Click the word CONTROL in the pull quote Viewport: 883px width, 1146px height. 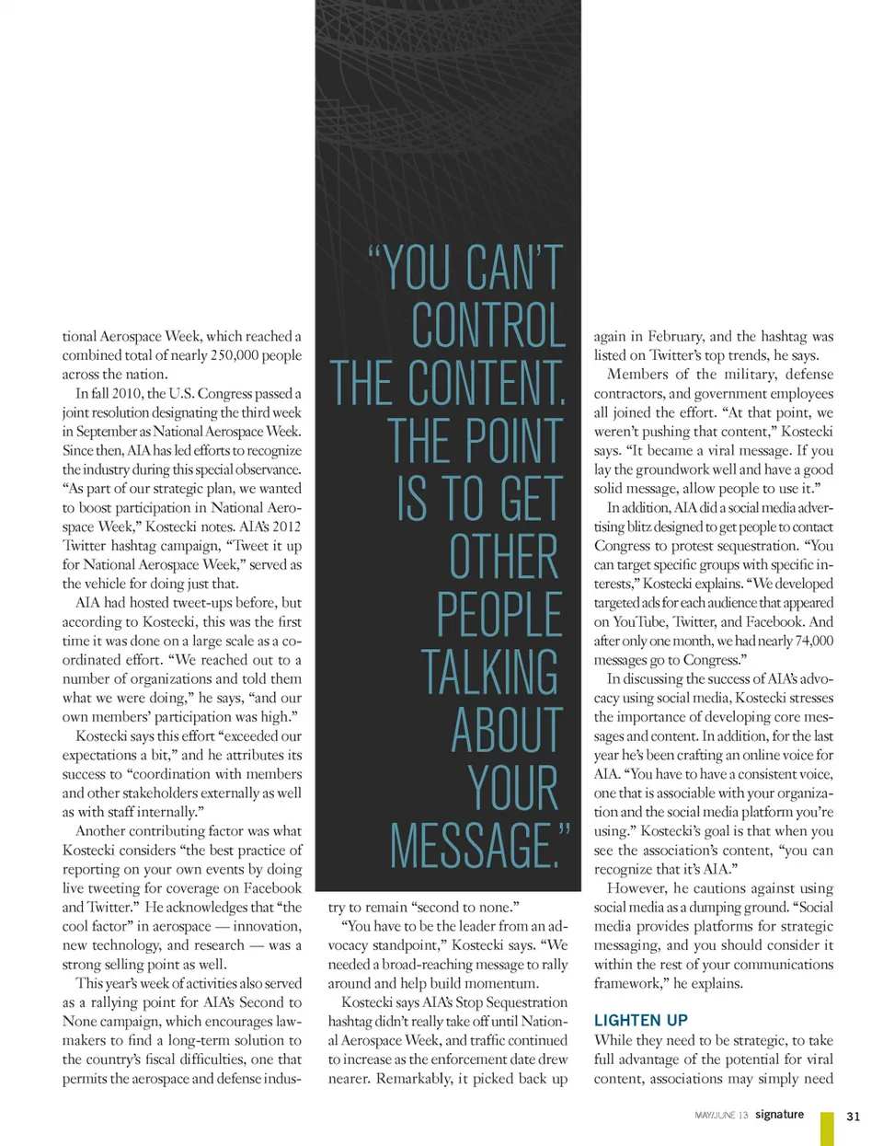click(487, 325)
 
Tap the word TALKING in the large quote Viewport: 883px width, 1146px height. click(489, 672)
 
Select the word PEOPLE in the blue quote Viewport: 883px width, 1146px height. click(499, 615)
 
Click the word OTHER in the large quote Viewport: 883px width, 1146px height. click(503, 557)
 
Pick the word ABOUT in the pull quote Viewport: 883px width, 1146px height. click(506, 730)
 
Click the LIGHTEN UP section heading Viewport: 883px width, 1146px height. click(640, 1020)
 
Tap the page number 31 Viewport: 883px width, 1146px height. click(853, 1116)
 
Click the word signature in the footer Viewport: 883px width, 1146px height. click(779, 1114)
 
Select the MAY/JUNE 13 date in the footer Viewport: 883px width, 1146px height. click(721, 1115)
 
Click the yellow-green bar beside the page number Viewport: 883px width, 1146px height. click(827, 1128)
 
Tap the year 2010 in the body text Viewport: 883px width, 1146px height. click(126, 393)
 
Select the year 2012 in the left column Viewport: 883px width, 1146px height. click(282, 527)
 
